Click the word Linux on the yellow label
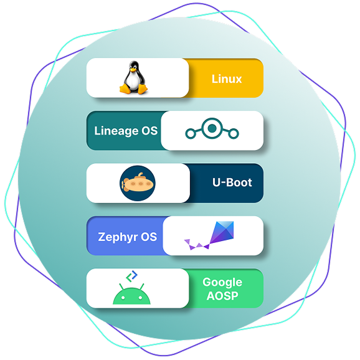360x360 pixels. [227, 78]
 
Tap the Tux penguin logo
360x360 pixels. [133, 77]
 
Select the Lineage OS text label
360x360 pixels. [126, 131]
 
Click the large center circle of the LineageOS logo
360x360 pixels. [212, 128]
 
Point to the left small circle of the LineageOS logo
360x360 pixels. [191, 134]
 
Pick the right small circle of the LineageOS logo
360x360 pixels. [234, 134]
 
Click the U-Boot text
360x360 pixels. [232, 182]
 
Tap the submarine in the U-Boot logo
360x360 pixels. [137, 183]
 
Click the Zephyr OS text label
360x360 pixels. [128, 237]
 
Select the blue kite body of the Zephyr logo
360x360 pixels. [222, 232]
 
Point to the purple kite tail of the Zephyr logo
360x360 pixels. [197, 245]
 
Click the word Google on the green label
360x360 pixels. [222, 282]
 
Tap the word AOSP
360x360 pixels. [222, 296]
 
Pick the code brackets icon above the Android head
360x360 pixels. [132, 276]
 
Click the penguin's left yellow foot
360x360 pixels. [125, 88]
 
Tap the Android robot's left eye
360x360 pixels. [123, 298]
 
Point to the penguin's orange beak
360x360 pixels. [133, 69]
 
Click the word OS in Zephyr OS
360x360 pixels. [149, 237]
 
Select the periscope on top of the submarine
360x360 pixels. [140, 175]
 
